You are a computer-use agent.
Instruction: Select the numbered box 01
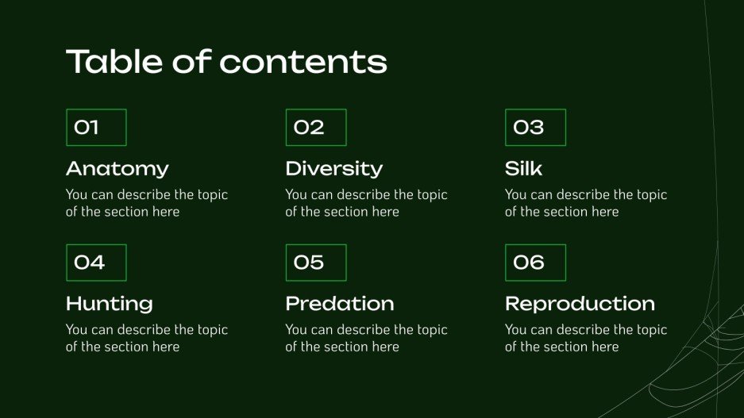[96, 127]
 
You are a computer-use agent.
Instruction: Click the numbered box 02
[316, 127]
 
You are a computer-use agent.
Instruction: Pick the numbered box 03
[535, 127]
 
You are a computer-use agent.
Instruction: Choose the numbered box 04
[96, 263]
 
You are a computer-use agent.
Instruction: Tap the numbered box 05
[316, 263]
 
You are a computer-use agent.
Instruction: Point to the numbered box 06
[535, 263]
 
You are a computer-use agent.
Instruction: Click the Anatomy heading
[118, 168]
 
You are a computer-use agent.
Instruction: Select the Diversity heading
[333, 168]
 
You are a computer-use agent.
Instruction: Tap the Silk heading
[523, 168]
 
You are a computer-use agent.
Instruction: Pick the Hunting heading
[109, 304]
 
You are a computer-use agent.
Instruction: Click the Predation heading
[339, 304]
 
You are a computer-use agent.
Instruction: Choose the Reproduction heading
[580, 304]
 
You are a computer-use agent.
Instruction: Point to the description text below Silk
[585, 203]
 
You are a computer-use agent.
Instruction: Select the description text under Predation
[366, 338]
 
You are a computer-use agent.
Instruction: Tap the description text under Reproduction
[585, 338]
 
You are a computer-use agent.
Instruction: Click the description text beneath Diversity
[366, 203]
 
